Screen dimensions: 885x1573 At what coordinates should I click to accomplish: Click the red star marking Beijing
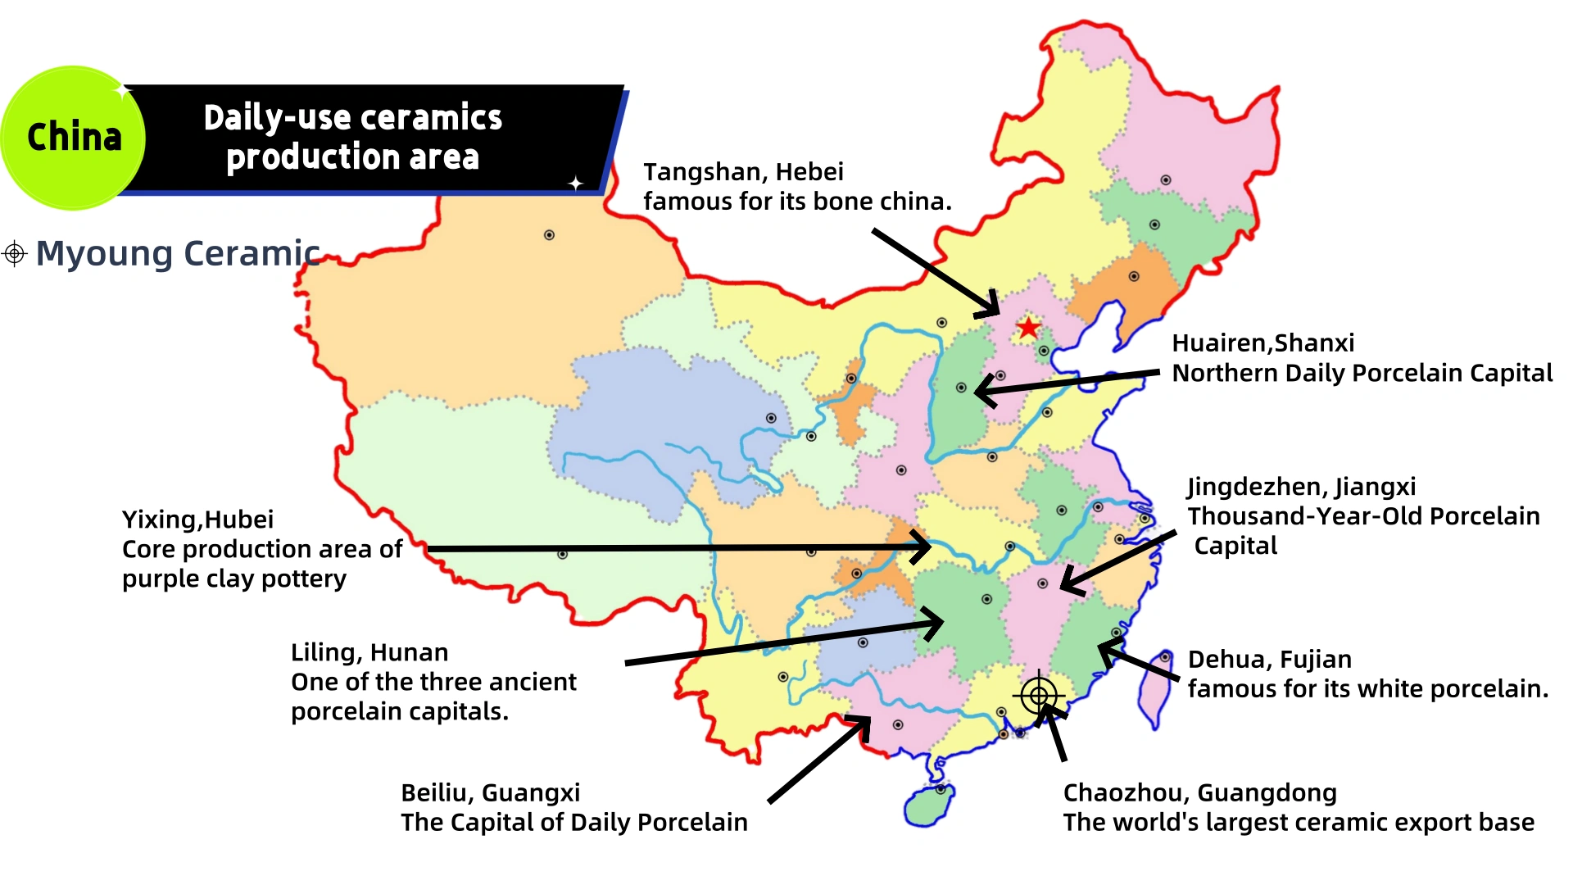[x=1027, y=329]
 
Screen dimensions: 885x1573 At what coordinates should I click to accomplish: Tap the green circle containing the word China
[x=74, y=138]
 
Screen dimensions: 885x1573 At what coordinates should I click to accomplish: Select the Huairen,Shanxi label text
[x=1262, y=343]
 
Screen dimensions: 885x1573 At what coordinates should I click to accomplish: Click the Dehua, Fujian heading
[x=1269, y=660]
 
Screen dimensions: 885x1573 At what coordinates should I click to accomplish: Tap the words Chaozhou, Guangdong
[x=1199, y=793]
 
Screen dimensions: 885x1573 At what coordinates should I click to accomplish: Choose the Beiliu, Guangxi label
[x=490, y=793]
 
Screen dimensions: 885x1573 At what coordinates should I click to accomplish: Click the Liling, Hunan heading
[x=369, y=653]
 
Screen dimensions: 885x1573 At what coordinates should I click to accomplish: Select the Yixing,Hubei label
[x=197, y=520]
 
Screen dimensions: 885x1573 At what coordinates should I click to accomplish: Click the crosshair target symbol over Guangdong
[x=1039, y=696]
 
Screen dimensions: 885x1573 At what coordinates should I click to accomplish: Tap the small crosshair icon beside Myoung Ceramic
[x=14, y=253]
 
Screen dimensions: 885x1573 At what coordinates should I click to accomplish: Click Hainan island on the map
[x=928, y=806]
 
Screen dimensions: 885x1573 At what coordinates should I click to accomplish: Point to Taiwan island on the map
[x=1154, y=689]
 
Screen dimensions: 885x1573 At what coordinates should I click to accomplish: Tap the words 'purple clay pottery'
[x=234, y=579]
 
